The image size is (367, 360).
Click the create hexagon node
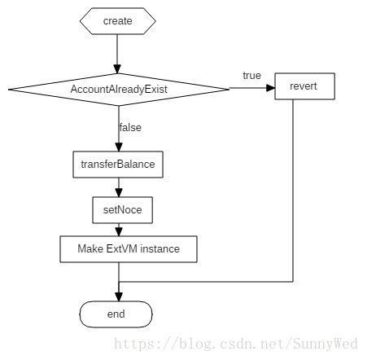(117, 21)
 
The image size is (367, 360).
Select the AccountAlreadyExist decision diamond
(119, 90)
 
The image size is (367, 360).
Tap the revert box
(304, 86)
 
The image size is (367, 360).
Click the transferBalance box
(118, 165)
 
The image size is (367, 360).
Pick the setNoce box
(122, 210)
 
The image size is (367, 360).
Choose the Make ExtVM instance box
(129, 249)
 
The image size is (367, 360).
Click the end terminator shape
(116, 314)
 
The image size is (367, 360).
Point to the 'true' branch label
(252, 76)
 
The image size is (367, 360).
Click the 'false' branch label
(130, 128)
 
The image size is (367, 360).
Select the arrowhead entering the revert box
(270, 88)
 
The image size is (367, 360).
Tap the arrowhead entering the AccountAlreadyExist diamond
(117, 69)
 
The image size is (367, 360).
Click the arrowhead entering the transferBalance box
(119, 147)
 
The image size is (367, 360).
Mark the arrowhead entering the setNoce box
(119, 193)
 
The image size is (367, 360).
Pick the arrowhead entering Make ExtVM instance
(119, 232)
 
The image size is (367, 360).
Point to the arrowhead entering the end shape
(119, 296)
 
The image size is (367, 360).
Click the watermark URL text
(236, 344)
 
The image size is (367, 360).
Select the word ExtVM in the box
(122, 249)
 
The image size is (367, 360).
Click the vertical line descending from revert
(293, 191)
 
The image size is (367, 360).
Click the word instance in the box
(160, 249)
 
